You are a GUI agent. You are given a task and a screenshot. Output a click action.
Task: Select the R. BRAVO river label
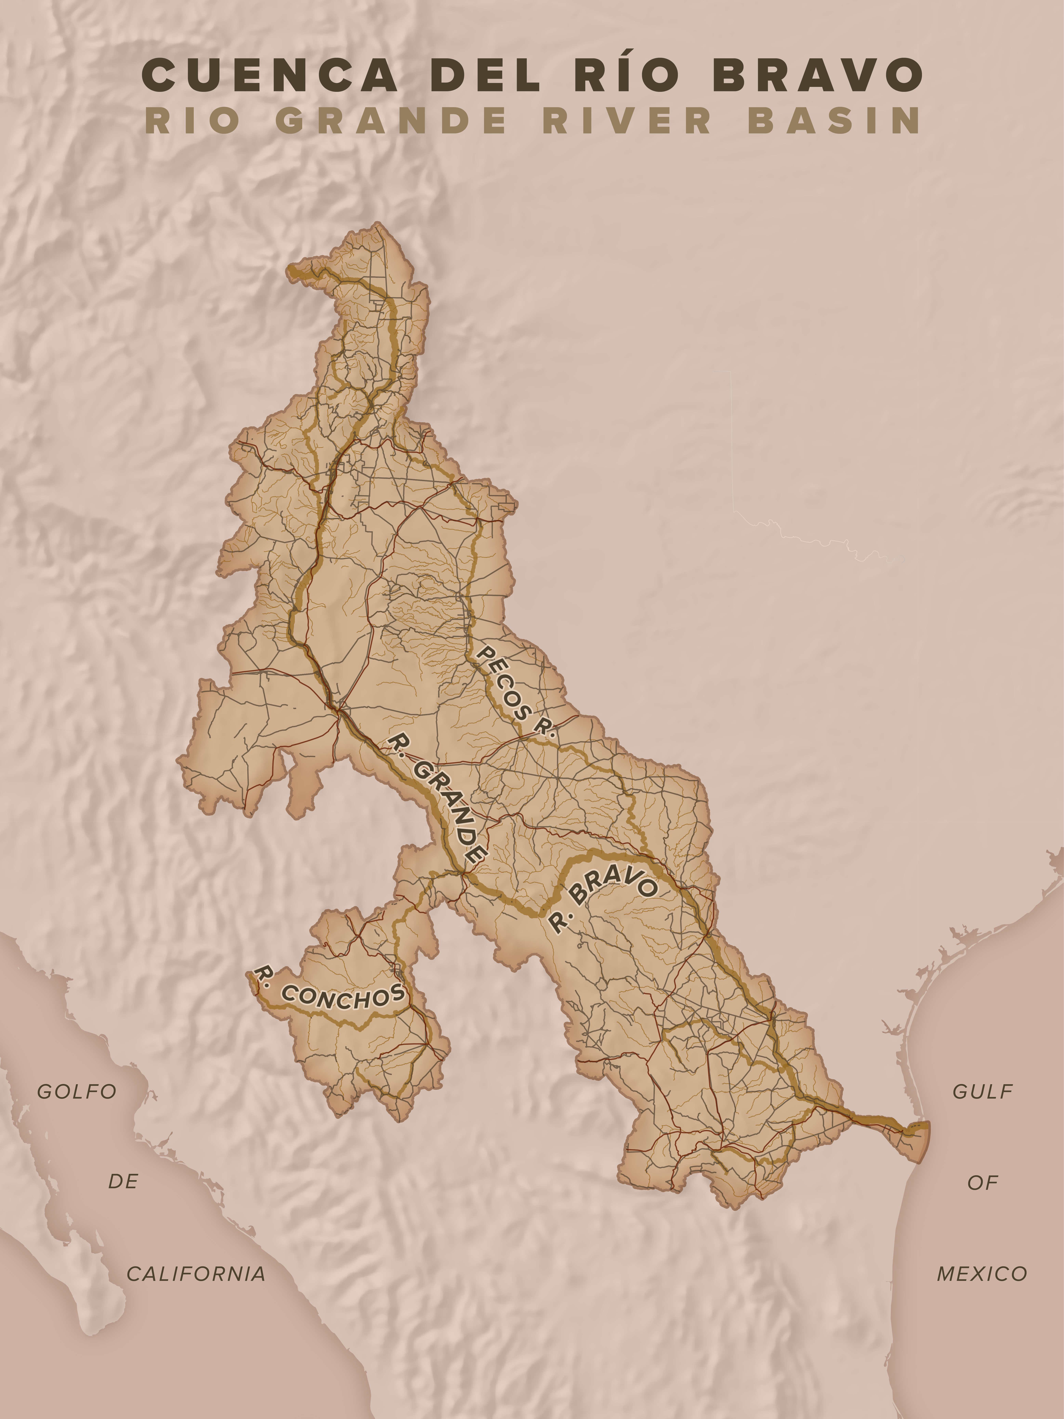click(x=603, y=901)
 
